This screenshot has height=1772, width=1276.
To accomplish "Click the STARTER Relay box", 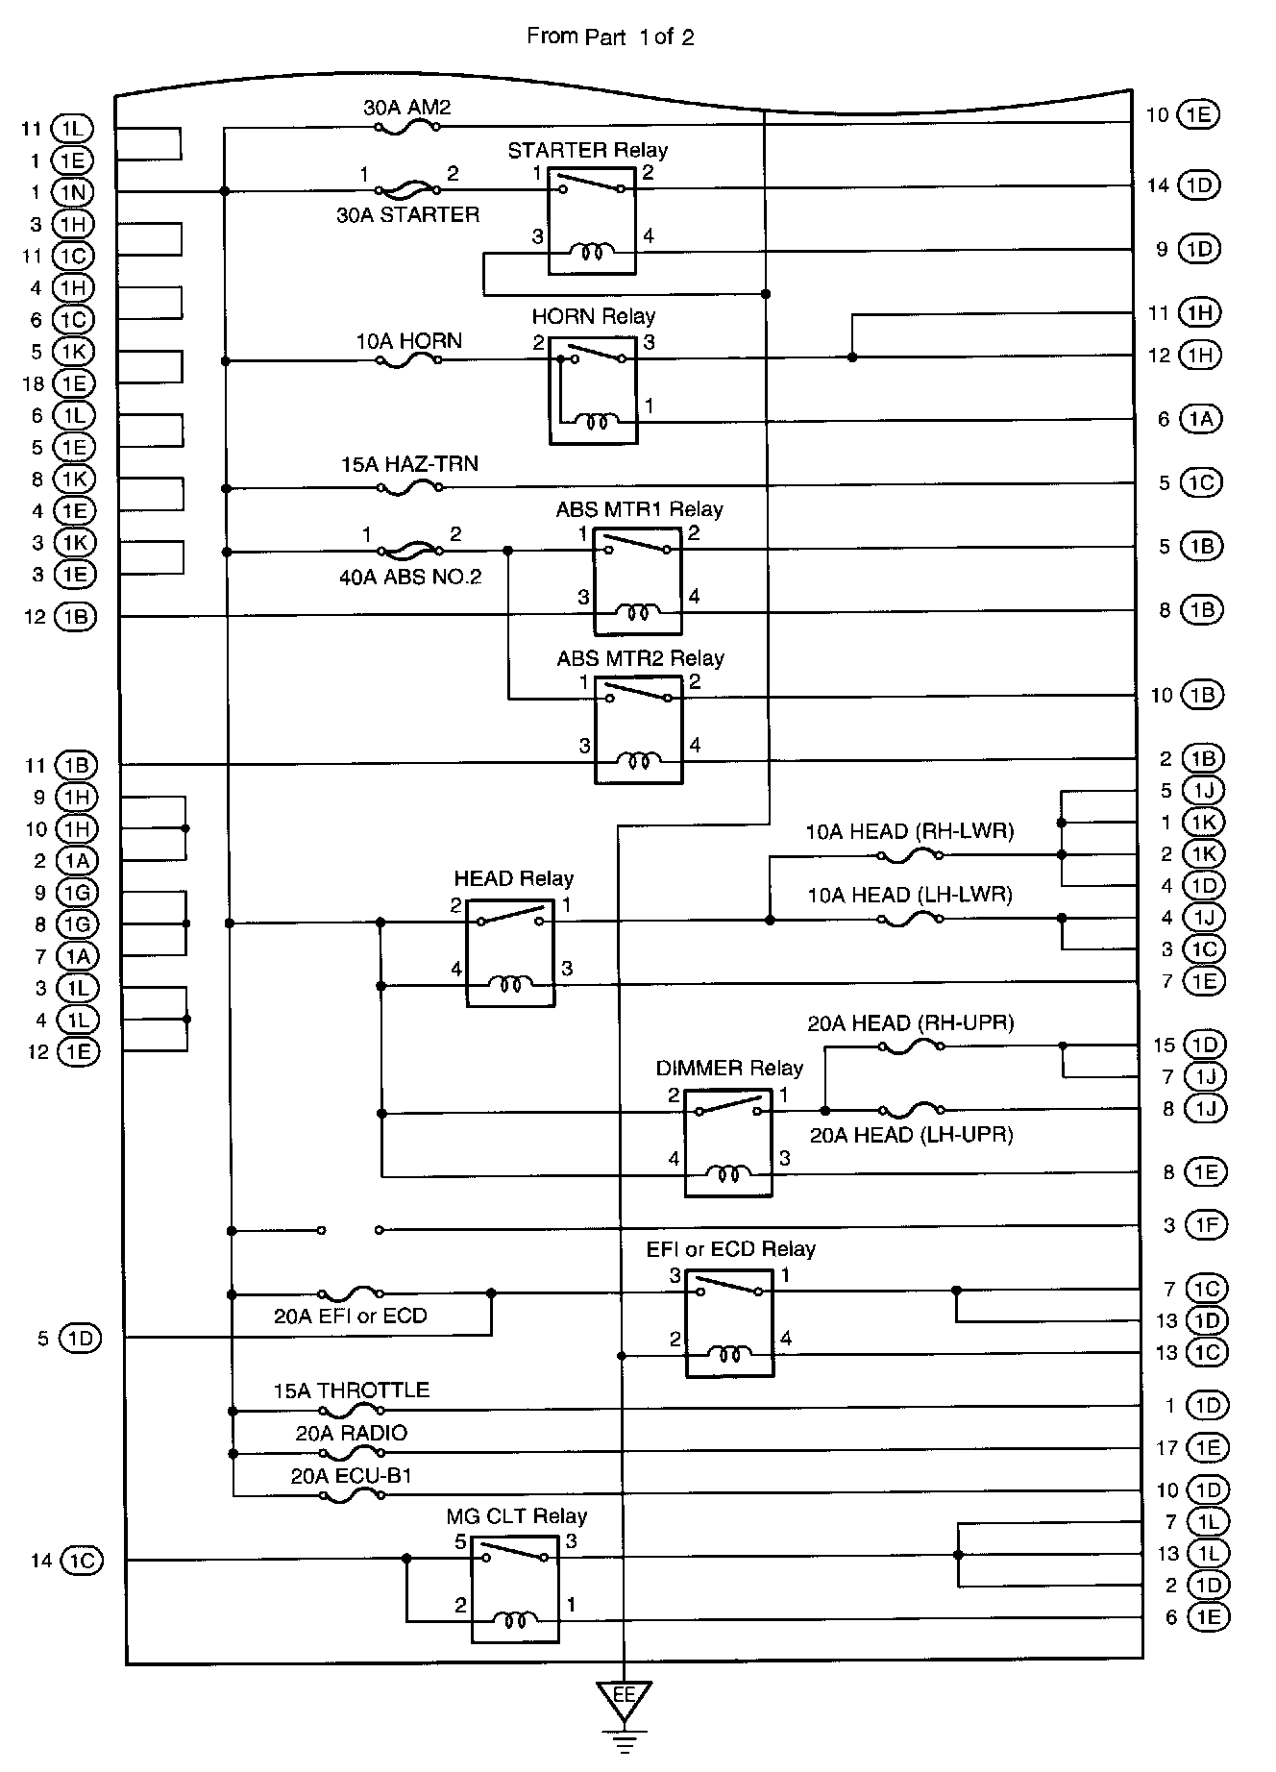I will coord(592,221).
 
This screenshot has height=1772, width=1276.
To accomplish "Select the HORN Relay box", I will coord(593,390).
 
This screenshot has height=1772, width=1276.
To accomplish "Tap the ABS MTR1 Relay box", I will coord(638,581).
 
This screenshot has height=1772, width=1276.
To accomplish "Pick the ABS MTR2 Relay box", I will coord(639,729).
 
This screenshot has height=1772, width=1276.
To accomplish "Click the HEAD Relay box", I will coord(510,952).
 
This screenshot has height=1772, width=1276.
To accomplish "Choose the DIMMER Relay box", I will coord(728,1142).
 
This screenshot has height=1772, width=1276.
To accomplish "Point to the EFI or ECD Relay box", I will coord(729,1323).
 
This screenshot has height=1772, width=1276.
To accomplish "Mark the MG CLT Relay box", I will coord(515,1589).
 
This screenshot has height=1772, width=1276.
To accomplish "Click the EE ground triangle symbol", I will coord(624,1697).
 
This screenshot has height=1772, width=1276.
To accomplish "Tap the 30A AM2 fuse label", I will coord(407,107).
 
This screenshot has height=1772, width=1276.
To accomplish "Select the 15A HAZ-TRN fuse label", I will coord(409,464).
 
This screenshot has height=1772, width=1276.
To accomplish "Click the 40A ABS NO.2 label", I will coord(409,578).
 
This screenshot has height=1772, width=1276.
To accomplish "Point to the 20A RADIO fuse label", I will coord(352,1433).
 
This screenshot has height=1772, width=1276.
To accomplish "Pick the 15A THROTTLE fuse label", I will coord(351,1390).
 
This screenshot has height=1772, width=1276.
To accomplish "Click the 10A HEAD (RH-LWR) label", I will coord(910,831).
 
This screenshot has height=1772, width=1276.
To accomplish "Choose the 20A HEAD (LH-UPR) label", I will coord(912,1135).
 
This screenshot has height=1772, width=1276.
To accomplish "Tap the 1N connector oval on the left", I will coord(74,192).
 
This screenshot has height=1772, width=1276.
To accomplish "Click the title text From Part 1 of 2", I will coord(610,37).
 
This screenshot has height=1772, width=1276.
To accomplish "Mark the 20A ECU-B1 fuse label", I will coord(352,1475).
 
